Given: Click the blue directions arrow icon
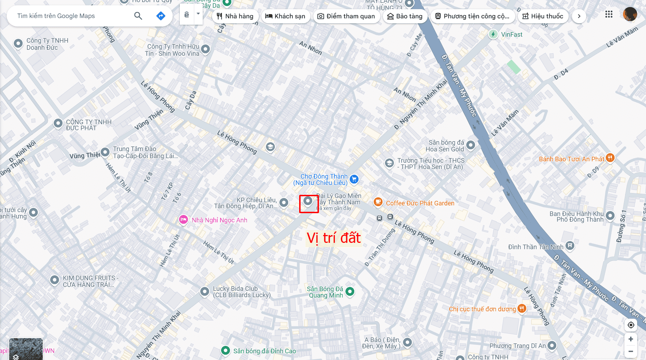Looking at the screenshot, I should pos(161,16).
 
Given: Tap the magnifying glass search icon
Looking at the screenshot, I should pos(138,16).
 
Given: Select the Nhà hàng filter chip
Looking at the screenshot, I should pos(235,16).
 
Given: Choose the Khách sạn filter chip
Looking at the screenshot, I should pos(285,16).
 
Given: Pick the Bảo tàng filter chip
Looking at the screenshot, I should pos(405,16).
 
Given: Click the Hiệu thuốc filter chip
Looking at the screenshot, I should pos(543,16).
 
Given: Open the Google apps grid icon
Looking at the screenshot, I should pos(609,14).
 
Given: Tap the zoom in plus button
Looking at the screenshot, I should pos(630,339).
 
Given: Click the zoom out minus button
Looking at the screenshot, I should pos(630,352).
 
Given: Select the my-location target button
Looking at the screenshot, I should pos(631,325).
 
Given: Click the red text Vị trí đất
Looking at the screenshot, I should pos(333,238).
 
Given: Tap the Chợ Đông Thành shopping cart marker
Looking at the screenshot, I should pos(354,179).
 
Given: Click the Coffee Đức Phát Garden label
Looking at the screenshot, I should pos(420,203).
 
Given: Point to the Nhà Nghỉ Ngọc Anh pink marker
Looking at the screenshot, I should pos(183,220).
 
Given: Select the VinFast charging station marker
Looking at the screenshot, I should pos(493,34).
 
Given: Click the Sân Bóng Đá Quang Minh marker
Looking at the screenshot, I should pos(350,292).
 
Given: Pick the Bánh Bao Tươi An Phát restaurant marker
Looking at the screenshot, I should pos(610,158).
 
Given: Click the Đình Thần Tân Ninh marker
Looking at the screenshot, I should pos(570,245).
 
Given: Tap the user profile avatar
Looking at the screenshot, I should pos(630,14).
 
